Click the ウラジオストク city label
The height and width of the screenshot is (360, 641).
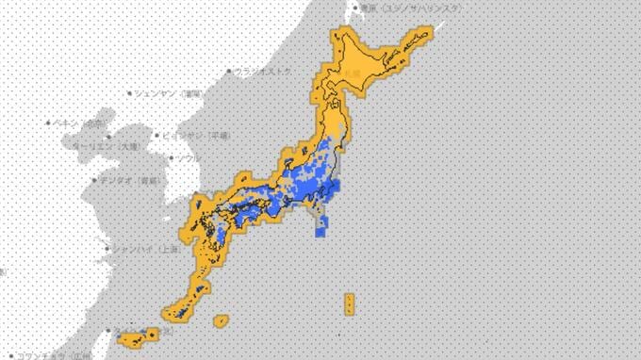267,72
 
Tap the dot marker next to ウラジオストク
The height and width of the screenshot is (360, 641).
229,72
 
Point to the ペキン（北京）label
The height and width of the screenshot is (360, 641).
79,123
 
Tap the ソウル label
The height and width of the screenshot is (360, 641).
185,158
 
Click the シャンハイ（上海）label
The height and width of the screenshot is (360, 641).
140,249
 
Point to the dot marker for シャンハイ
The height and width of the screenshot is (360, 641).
106,249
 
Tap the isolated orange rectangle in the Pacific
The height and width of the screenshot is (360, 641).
350,303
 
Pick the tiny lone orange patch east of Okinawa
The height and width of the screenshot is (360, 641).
222,320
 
